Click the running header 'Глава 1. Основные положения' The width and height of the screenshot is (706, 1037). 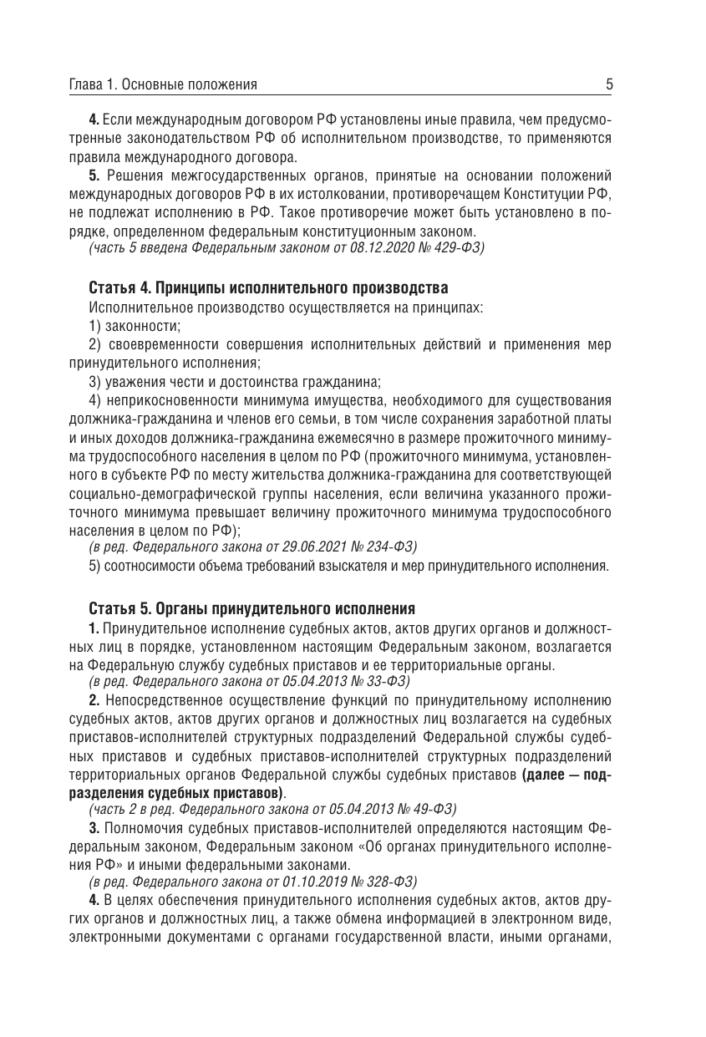[x=163, y=84]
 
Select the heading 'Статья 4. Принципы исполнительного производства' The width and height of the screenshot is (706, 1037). [x=268, y=288]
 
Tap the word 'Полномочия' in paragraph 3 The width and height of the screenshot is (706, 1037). [x=144, y=828]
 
